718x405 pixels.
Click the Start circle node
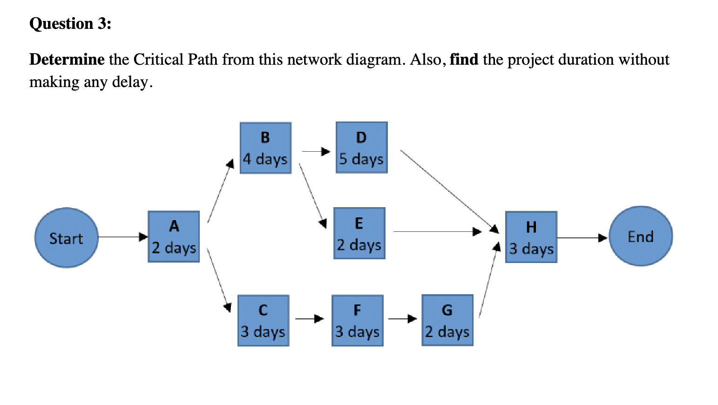click(x=66, y=237)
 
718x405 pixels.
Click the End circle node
click(x=640, y=236)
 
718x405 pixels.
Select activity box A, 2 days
click(x=174, y=236)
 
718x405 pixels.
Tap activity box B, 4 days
click(x=265, y=148)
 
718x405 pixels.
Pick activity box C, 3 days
click(x=263, y=320)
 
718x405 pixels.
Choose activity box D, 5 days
click(x=361, y=148)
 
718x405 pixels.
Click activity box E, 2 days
click(x=359, y=233)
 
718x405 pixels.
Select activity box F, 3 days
click(x=357, y=320)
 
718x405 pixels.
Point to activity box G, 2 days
click(x=447, y=320)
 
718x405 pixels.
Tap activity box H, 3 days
click(x=531, y=237)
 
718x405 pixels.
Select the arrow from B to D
click(x=316, y=151)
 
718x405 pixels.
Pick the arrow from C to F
click(x=310, y=319)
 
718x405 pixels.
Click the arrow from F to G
click(x=402, y=319)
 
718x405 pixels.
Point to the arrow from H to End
click(x=582, y=238)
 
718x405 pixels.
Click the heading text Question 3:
click(x=70, y=24)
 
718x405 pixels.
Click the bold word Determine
click(x=67, y=60)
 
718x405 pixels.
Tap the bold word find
click(x=464, y=60)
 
